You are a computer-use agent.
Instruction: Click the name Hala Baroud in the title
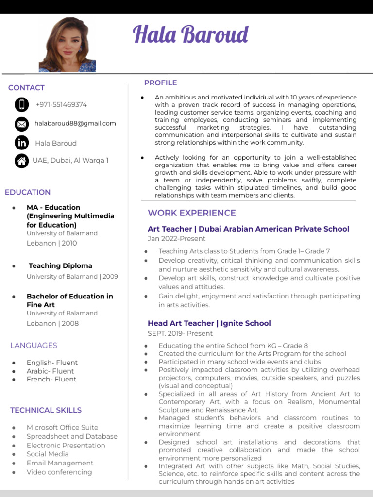click(190, 35)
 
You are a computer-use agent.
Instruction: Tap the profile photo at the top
click(68, 45)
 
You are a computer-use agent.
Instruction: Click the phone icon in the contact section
click(21, 104)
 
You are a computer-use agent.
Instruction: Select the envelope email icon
click(21, 124)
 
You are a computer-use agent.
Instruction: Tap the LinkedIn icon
click(21, 143)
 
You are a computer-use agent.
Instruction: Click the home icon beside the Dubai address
click(21, 161)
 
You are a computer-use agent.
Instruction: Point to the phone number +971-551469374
click(61, 104)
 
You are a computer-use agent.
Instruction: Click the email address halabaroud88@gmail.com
click(75, 123)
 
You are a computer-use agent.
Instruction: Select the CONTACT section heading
click(26, 88)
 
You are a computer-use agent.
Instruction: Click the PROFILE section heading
click(160, 83)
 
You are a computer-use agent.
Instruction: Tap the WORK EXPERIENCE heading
click(192, 213)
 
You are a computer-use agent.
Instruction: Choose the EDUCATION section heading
click(28, 192)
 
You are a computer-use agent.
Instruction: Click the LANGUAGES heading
click(34, 346)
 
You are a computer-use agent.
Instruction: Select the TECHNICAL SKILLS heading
click(46, 410)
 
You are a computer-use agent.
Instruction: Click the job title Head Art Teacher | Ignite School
click(209, 323)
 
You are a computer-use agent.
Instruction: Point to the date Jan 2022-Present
click(176, 239)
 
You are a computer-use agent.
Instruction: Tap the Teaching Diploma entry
click(60, 265)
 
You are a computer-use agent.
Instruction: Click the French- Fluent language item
click(51, 379)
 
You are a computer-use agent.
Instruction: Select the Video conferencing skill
click(59, 472)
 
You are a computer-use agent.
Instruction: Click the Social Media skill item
click(48, 454)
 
